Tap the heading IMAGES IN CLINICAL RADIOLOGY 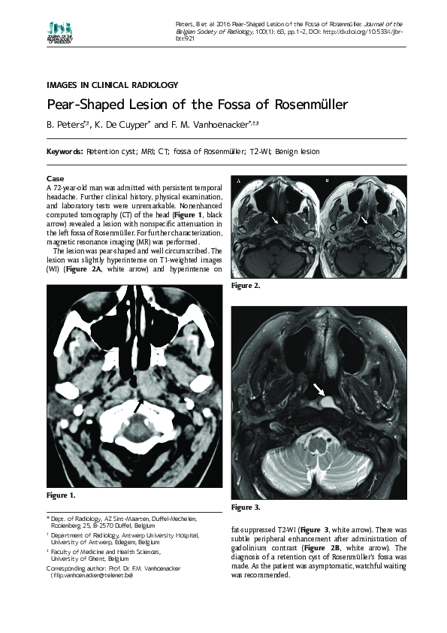pyautogui.click(x=112, y=85)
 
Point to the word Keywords pyautogui.click(x=65, y=152)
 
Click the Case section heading pyautogui.click(x=55, y=178)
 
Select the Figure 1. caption pyautogui.click(x=61, y=495)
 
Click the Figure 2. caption pyautogui.click(x=246, y=286)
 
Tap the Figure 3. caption pyautogui.click(x=246, y=507)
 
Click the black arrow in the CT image pyautogui.click(x=137, y=405)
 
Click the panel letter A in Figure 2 pyautogui.click(x=238, y=181)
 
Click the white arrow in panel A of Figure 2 pyautogui.click(x=276, y=220)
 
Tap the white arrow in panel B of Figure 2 pyautogui.click(x=364, y=220)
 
